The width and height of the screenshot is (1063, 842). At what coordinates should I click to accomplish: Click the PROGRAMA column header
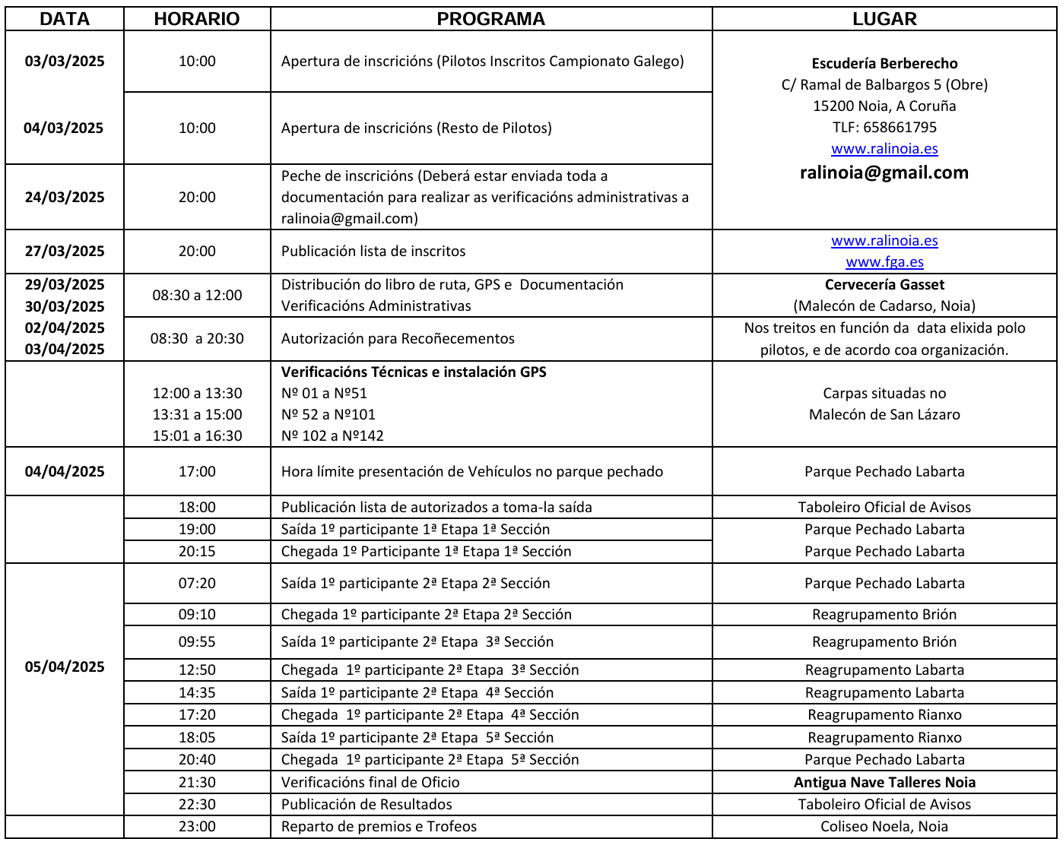490,19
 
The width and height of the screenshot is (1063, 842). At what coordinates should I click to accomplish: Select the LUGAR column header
884,19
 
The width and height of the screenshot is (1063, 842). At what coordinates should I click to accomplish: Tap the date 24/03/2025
65,197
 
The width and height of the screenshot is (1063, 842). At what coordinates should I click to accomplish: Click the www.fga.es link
884,262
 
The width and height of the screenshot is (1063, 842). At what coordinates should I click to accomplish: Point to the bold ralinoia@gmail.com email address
884,173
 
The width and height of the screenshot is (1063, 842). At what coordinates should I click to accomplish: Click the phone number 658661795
900,127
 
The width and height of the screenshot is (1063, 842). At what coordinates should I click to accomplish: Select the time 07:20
197,583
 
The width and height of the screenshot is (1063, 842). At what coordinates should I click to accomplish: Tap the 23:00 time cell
197,826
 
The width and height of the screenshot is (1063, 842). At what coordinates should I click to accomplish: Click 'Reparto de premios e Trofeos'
379,826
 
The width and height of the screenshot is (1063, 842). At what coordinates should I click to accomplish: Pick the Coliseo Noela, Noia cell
884,826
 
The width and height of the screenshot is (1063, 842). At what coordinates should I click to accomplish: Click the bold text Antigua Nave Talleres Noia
884,782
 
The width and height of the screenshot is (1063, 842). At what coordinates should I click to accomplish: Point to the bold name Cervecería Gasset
884,284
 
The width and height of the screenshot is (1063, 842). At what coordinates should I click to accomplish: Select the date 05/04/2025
65,666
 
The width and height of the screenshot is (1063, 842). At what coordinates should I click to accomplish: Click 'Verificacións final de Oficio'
370,782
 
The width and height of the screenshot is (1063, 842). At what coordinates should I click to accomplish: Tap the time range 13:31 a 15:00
197,414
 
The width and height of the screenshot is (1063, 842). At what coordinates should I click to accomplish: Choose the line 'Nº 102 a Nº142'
332,435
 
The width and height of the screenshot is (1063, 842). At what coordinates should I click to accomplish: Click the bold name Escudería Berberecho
884,63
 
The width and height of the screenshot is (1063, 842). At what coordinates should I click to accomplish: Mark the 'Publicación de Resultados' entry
366,804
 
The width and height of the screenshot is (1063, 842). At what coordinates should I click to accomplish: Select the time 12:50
197,669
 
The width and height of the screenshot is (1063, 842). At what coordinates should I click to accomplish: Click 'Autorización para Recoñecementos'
398,338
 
